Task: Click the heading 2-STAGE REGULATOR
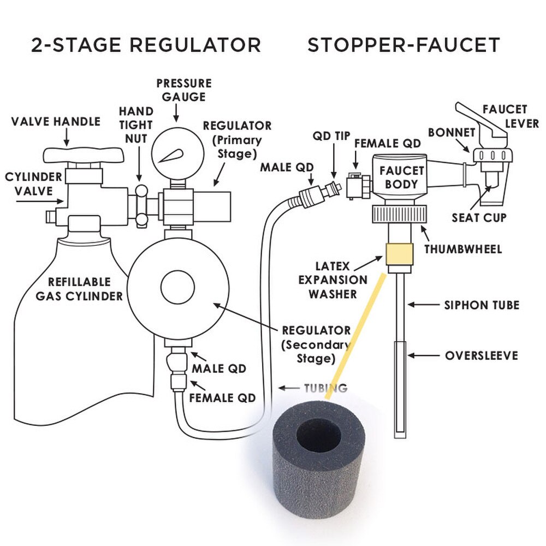point(146,45)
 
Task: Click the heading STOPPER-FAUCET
point(403,45)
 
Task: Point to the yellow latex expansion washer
point(397,254)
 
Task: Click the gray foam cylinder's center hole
point(318,437)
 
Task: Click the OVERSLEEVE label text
point(481,356)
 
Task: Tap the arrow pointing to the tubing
point(288,388)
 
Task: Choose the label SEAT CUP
point(479,218)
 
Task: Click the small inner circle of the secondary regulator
point(176,286)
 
